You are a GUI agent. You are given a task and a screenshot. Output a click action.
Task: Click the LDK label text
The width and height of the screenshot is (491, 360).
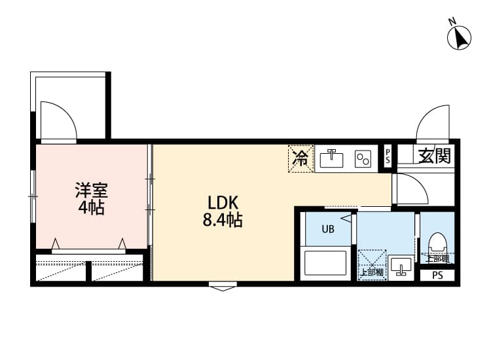[x=223, y=202]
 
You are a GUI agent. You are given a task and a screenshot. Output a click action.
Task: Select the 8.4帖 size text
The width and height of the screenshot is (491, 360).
[x=223, y=221]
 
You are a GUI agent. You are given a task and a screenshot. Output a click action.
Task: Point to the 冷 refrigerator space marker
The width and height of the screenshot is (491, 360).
[x=300, y=159]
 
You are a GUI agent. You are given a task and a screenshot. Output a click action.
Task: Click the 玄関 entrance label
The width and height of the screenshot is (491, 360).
[x=435, y=156]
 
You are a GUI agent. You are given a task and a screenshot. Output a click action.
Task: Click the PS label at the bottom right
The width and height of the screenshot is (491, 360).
[x=437, y=276]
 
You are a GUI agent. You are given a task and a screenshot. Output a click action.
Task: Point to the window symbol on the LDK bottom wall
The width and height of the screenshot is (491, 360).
[x=223, y=285]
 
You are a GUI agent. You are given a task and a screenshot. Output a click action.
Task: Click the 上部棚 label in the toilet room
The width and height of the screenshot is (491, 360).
[x=437, y=259]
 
